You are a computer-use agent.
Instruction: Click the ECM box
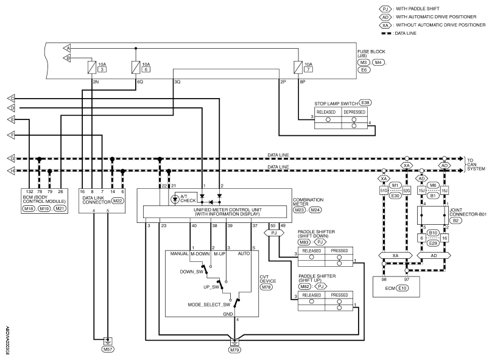point(396,286)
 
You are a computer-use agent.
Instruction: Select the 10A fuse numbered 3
point(92,67)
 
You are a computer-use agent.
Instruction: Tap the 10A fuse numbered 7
point(298,67)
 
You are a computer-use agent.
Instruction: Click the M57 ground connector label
point(108,349)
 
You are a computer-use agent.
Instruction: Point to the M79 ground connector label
point(235,350)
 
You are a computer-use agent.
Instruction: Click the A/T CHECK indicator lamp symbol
point(175,199)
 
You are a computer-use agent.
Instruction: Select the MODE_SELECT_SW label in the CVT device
point(209,305)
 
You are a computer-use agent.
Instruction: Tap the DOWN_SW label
point(191,272)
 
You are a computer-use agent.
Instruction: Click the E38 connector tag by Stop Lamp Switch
point(365,102)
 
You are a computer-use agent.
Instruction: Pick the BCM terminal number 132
point(29,191)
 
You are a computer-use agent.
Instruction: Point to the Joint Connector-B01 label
point(468,213)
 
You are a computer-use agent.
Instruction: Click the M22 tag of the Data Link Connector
point(118,201)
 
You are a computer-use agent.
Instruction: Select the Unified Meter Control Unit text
point(228,210)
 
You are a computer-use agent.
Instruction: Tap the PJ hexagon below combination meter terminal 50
point(274,233)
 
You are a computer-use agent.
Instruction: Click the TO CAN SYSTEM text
point(476,164)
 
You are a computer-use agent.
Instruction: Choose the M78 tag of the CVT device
point(266,287)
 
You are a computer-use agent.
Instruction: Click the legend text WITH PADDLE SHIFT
point(417,9)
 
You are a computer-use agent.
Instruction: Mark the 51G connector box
point(384,191)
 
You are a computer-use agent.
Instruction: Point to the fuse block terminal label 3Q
point(177,82)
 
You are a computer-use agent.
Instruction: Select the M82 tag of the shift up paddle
point(304,286)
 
